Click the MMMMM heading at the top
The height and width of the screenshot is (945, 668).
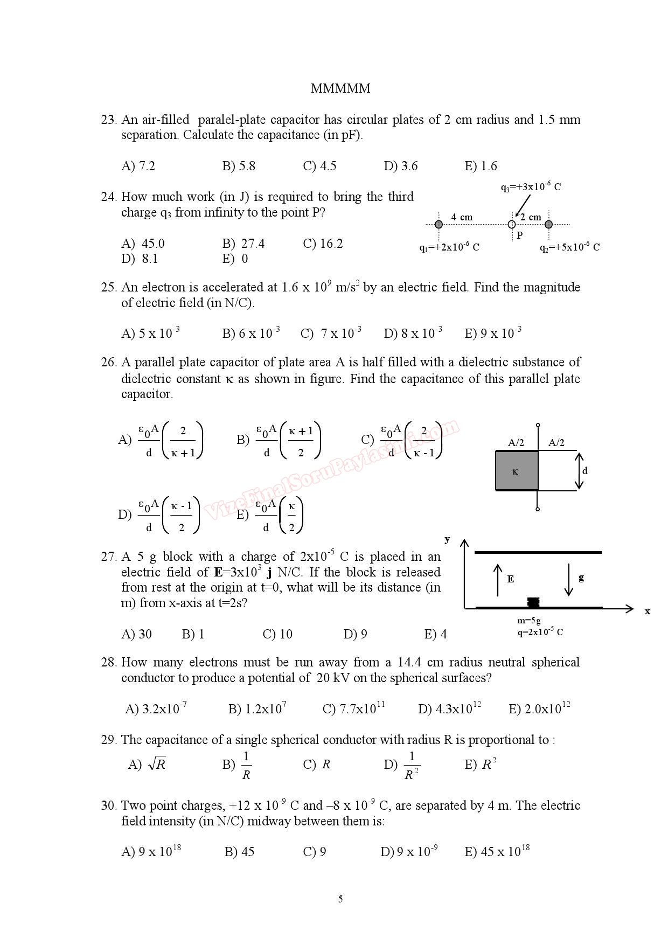340,88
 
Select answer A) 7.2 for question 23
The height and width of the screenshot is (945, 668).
138,166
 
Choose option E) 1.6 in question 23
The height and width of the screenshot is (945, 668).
481,166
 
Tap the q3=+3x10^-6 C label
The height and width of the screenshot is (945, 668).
531,187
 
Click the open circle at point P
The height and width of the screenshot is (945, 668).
512,224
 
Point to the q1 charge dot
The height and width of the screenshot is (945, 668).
439,224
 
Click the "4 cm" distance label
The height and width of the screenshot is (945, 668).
462,217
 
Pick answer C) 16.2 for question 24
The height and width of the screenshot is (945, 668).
323,244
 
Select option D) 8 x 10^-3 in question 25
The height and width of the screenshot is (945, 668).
413,333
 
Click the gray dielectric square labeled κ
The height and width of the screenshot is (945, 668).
517,470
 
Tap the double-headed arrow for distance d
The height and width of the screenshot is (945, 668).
579,470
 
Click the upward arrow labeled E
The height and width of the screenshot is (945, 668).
498,580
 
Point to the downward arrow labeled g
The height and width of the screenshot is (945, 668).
568,580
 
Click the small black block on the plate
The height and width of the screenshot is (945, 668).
533,602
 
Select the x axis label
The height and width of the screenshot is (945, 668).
648,611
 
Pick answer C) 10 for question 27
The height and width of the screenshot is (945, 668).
277,634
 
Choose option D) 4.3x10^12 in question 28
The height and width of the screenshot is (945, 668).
449,708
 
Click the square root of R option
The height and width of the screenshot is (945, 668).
147,764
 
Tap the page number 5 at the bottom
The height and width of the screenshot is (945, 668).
340,899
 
